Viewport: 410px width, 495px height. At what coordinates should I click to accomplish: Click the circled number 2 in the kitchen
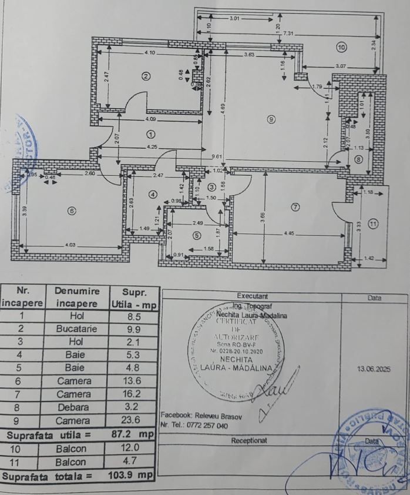(x=146, y=75)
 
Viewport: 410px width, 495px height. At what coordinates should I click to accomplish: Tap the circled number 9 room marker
(x=271, y=119)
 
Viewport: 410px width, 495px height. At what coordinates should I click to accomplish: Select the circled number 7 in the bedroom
(x=295, y=206)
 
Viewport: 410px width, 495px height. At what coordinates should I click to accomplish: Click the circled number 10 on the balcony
(x=341, y=46)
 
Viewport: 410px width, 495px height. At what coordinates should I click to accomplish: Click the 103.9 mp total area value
(x=130, y=474)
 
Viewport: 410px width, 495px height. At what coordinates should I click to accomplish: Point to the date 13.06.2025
(x=374, y=369)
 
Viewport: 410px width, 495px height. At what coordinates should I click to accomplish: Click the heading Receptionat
(x=249, y=440)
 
